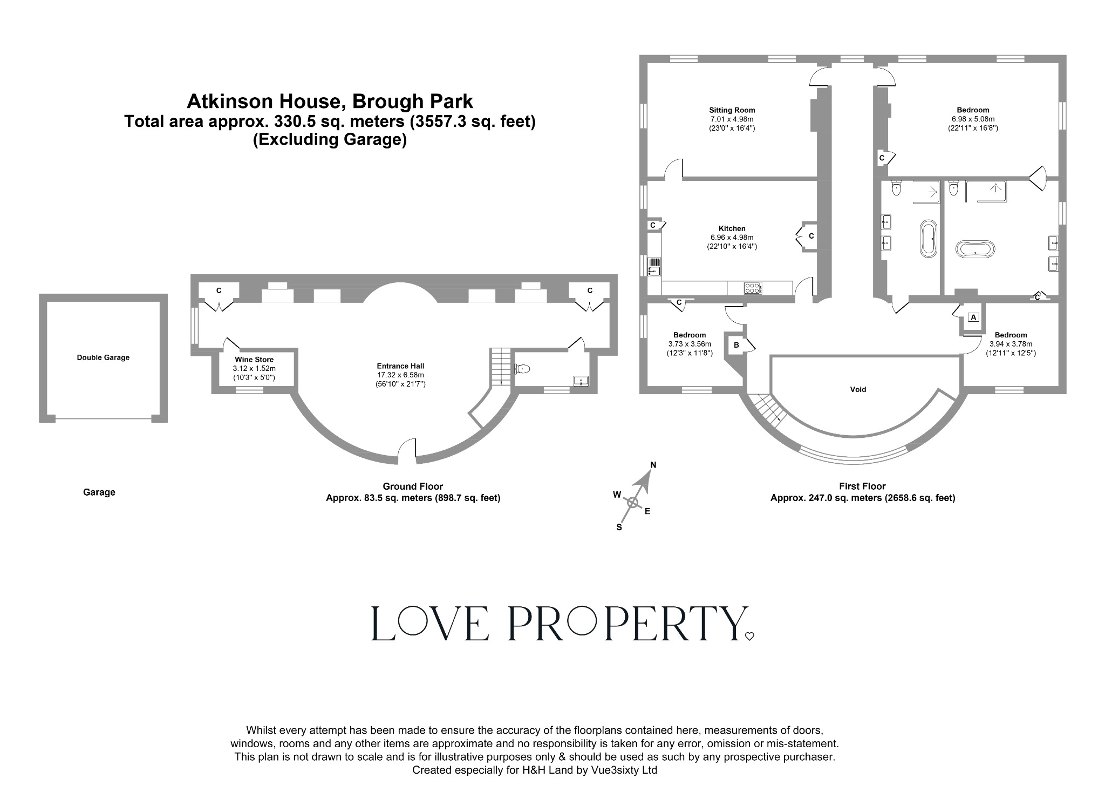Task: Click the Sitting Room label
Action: (732, 110)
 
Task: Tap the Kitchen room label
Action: (732, 228)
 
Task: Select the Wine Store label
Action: (254, 360)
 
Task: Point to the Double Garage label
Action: (103, 357)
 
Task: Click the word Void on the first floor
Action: (858, 389)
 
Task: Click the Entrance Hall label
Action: (400, 366)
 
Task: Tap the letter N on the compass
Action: (653, 465)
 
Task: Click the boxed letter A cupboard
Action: (973, 317)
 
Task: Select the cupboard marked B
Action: (736, 345)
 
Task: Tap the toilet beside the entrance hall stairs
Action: (523, 369)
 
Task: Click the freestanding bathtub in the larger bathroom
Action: (976, 249)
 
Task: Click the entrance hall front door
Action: (407, 451)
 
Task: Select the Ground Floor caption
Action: (413, 486)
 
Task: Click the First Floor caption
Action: (862, 486)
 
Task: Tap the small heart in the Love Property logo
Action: (749, 637)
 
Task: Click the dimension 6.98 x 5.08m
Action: (973, 119)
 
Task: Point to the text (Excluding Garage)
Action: (330, 140)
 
